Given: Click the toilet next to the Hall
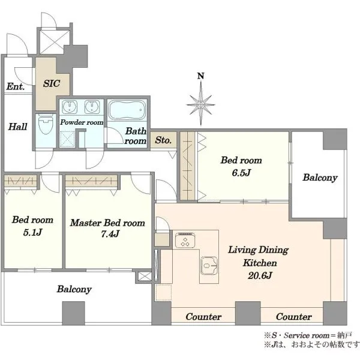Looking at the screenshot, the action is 46,124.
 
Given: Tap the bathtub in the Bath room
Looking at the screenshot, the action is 127,110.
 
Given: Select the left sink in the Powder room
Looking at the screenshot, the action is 70,107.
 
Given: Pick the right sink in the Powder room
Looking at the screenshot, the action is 92,107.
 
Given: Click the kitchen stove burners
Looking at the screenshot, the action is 185,240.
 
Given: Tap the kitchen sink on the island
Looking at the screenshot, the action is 209,266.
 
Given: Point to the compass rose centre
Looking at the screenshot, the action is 201,105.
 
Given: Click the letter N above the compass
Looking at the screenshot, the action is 201,76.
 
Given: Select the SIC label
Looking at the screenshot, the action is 52,83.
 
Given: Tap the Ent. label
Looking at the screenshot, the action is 16,86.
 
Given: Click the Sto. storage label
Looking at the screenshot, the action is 163,140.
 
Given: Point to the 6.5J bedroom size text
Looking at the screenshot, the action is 241,173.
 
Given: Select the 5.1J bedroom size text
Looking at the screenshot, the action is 32,232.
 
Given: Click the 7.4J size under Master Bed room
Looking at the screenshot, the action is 110,234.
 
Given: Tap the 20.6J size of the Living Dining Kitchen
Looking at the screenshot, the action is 260,275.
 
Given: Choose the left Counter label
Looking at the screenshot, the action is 203,317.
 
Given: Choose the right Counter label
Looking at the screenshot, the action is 294,317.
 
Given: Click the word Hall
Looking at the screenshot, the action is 17,127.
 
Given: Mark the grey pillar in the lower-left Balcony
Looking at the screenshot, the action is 73,313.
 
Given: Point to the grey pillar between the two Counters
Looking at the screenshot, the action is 248,313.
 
